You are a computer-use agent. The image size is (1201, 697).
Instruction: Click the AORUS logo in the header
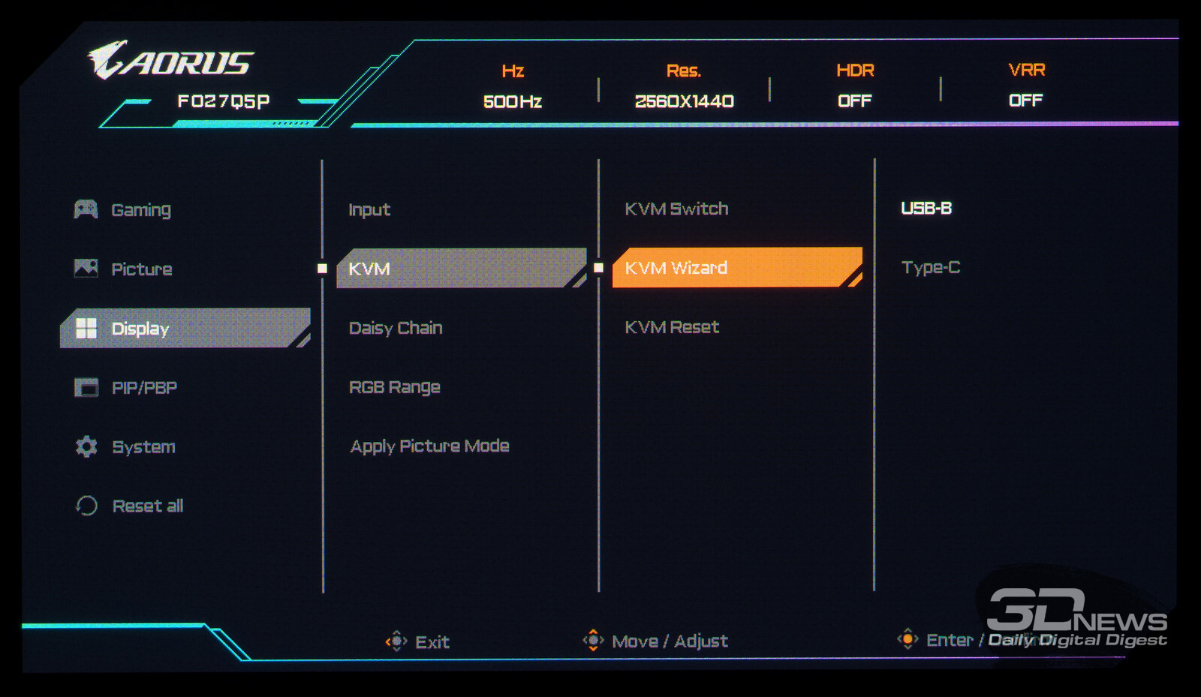point(171,61)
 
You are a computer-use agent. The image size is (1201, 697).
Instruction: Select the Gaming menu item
point(140,210)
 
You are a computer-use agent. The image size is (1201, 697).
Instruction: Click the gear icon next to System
point(86,446)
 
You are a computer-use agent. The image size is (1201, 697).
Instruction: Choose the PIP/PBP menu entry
point(144,388)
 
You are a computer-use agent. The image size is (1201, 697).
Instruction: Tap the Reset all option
point(147,506)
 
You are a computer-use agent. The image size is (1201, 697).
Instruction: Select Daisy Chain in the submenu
point(396,328)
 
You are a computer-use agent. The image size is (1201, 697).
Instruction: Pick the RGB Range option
point(395,387)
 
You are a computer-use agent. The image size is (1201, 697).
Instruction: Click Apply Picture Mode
point(429,446)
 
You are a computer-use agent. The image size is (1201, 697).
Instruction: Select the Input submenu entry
point(369,210)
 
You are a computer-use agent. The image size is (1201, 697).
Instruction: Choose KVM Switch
point(676,209)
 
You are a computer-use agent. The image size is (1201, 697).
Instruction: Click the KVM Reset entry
point(672,327)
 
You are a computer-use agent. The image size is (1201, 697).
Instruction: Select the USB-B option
point(926,209)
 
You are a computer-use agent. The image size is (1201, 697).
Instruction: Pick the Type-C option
point(931,268)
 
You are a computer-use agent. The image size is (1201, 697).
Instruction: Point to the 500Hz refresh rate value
point(513,101)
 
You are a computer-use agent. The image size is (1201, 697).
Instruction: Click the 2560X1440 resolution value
point(684,101)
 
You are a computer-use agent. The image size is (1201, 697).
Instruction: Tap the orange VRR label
point(1026,70)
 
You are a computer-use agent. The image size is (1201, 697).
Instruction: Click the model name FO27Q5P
point(223,101)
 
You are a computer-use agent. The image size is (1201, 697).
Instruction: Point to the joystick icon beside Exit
point(396,641)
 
